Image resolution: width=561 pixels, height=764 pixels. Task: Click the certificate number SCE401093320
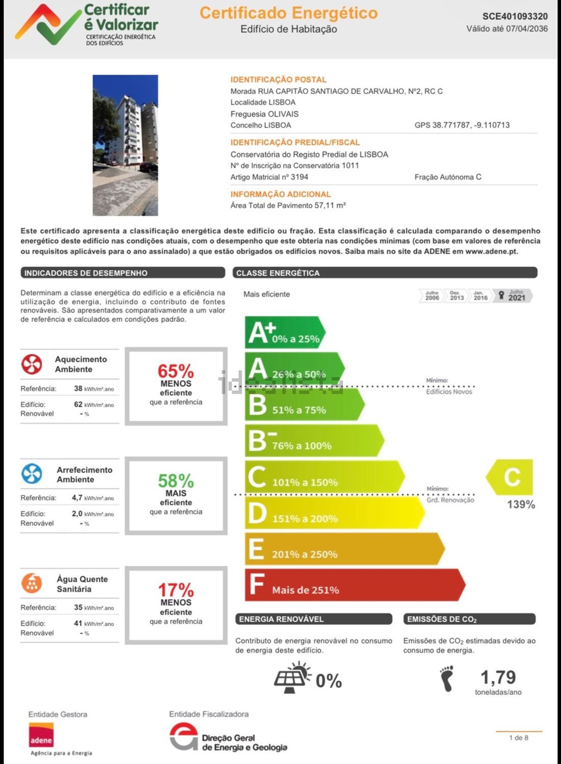[x=515, y=16]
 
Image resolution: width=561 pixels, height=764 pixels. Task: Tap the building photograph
[x=125, y=145]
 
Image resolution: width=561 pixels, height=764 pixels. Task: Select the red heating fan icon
[x=31, y=364]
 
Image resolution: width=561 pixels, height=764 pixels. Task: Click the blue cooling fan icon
[x=31, y=474]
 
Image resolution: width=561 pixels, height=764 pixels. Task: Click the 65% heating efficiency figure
[x=176, y=371]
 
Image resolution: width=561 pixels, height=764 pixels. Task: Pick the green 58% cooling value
[x=176, y=481]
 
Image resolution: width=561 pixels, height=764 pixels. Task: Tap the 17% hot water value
[x=176, y=590]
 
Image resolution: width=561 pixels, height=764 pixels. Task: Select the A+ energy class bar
[x=284, y=332]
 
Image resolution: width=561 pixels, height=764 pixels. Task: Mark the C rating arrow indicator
[x=511, y=477]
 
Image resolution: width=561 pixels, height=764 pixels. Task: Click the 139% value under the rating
[x=521, y=504]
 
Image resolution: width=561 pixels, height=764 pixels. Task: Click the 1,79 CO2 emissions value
[x=498, y=677]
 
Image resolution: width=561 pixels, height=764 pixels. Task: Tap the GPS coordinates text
[x=462, y=125]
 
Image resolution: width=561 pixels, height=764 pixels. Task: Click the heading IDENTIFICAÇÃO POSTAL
[x=278, y=79]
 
